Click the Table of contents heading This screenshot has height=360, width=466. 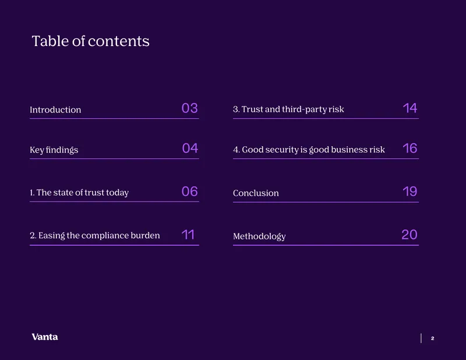pyautogui.click(x=91, y=41)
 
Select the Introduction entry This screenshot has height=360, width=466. pyautogui.click(x=55, y=110)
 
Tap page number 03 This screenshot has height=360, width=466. pyautogui.click(x=190, y=108)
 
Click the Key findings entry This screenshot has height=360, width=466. pyautogui.click(x=54, y=150)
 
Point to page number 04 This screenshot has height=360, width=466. pyautogui.click(x=190, y=148)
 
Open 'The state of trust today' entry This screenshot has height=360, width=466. pyautogui.click(x=79, y=193)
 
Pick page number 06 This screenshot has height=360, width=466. pyautogui.click(x=190, y=192)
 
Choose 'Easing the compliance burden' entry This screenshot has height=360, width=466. pyautogui.click(x=95, y=235)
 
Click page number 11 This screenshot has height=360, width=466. pyautogui.click(x=188, y=235)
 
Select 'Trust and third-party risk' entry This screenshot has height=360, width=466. pyautogui.click(x=288, y=110)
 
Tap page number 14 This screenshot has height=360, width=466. pyautogui.click(x=410, y=108)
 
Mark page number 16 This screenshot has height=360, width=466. pyautogui.click(x=410, y=149)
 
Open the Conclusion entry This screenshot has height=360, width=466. pyautogui.click(x=256, y=193)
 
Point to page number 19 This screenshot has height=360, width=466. pyautogui.click(x=410, y=192)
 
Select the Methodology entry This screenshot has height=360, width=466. pyautogui.click(x=259, y=237)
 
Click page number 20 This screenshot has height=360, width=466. pyautogui.click(x=409, y=235)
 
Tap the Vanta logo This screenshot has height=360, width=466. pyautogui.click(x=45, y=337)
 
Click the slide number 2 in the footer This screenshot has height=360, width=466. pyautogui.click(x=432, y=338)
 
